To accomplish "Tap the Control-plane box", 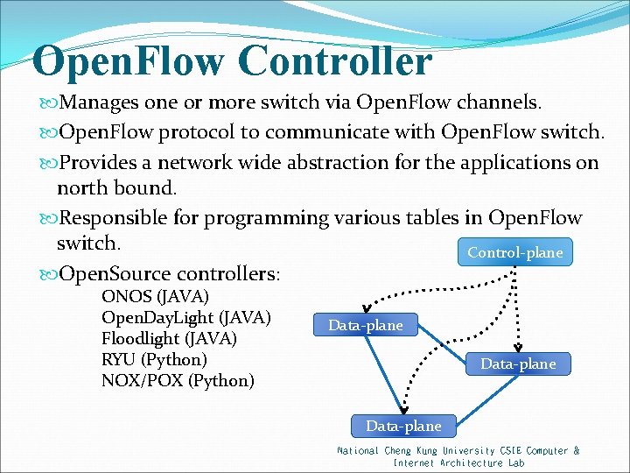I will coord(514,252).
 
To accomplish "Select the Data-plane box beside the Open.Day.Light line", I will coord(366,325).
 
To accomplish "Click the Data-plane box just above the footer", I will coord(403,426).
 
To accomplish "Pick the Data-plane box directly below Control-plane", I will coord(517,363).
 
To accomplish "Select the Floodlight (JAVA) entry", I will coord(169,338).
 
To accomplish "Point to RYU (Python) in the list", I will coord(154,359).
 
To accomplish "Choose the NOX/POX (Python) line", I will coord(178,381).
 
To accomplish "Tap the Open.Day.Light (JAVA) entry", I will coord(185,317).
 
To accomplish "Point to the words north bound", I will coord(116,187).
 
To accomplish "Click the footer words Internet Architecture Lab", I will coord(458,462).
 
